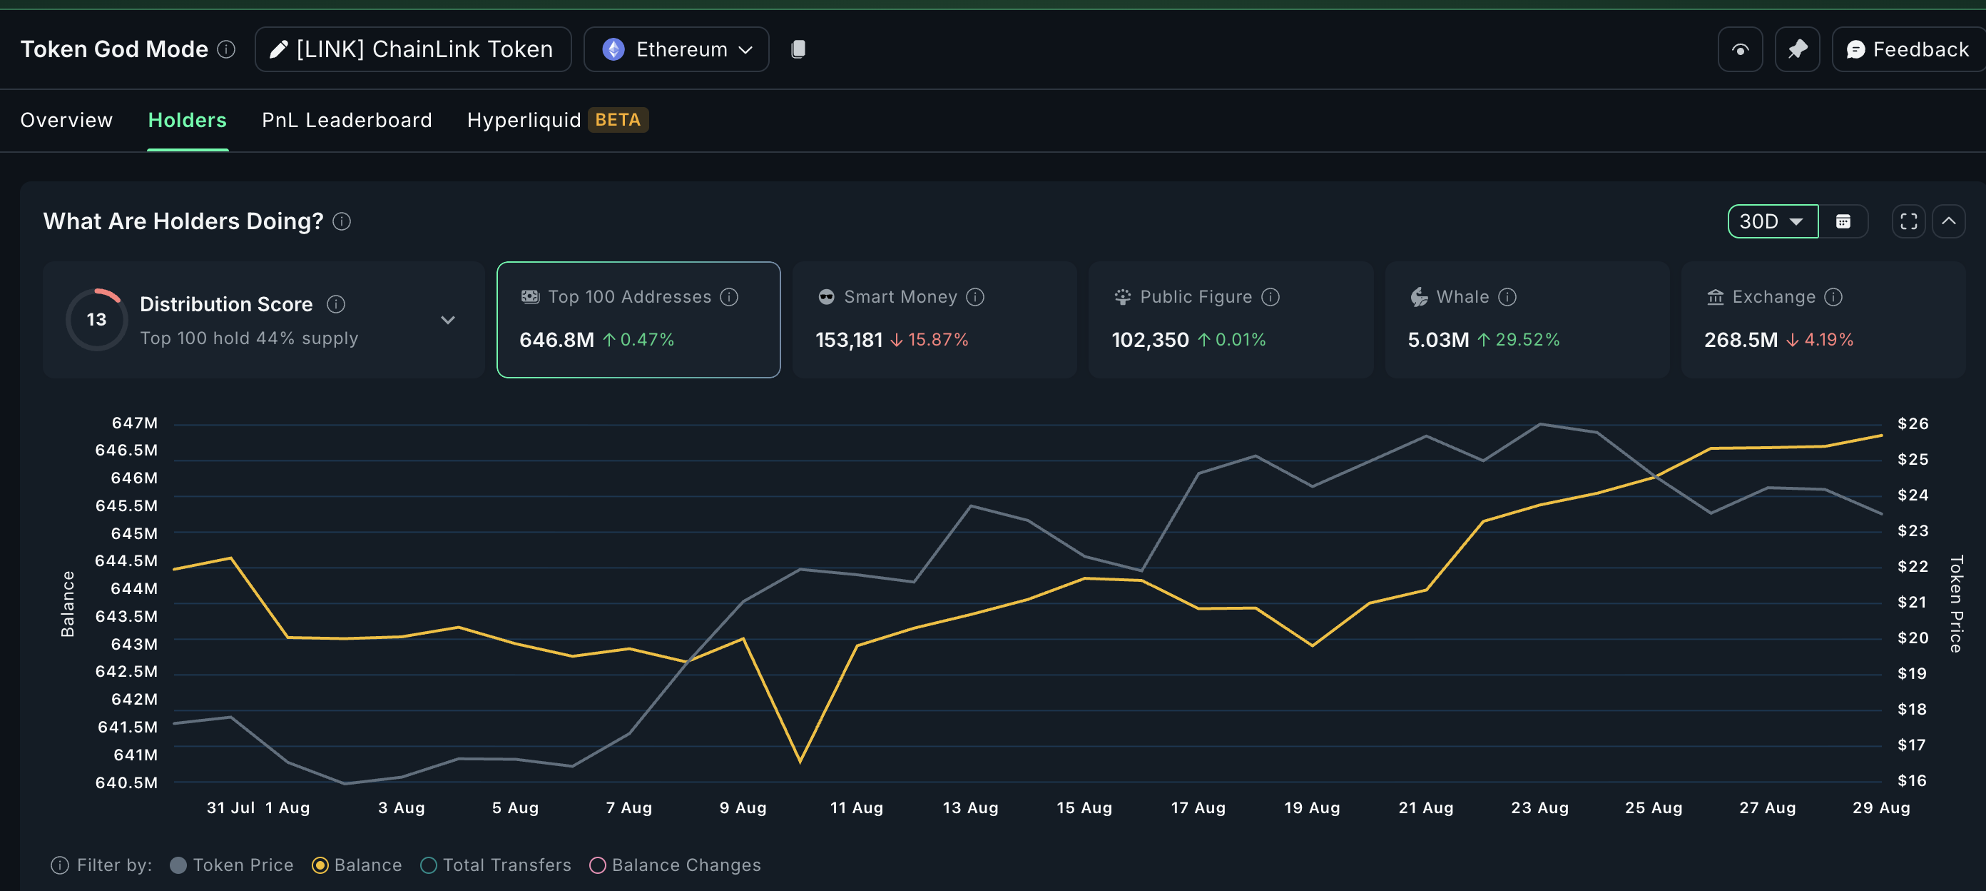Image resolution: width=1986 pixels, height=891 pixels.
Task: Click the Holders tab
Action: (x=188, y=121)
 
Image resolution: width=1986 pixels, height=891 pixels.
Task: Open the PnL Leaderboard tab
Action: (x=346, y=121)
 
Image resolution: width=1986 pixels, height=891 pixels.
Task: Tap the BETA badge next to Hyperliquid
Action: (x=618, y=121)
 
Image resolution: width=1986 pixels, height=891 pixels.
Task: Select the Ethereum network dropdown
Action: (x=676, y=49)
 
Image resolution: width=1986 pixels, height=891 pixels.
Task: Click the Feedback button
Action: (x=1908, y=49)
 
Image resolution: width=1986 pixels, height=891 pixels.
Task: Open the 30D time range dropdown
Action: (x=1772, y=221)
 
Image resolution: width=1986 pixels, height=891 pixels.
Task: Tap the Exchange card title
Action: (x=1773, y=297)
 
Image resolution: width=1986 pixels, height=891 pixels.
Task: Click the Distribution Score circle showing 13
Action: (x=96, y=319)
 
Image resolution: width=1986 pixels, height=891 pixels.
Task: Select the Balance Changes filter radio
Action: (x=598, y=865)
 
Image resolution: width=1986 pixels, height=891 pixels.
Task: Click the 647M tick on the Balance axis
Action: (x=135, y=423)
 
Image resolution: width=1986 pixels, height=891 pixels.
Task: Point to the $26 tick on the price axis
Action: (x=1913, y=423)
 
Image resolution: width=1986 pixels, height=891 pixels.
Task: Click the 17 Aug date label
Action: (x=1197, y=807)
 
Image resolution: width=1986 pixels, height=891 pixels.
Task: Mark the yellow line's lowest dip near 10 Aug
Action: (x=800, y=761)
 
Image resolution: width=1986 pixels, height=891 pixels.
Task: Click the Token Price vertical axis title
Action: (x=1956, y=604)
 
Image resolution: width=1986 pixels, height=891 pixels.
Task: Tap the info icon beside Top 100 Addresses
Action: (x=729, y=297)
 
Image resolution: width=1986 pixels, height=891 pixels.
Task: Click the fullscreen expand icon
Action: (x=1908, y=221)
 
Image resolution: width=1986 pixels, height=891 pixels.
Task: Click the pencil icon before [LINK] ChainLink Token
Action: (x=278, y=49)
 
